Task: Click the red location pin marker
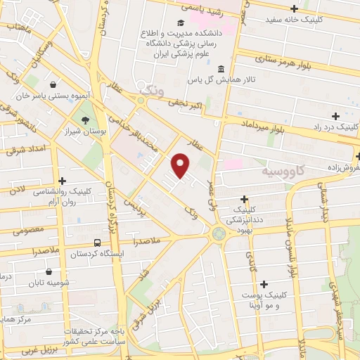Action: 181,165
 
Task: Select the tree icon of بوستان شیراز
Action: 86,121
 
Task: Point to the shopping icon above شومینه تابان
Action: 49,271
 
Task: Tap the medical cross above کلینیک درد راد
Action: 335,115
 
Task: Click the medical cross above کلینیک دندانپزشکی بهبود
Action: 244,199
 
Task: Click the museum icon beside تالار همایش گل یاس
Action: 221,70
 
